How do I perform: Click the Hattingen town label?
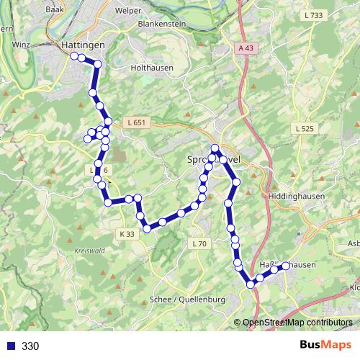84,45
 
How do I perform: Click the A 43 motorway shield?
246,48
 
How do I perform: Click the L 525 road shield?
305,128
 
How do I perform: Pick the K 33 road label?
127,234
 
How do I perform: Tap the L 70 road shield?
199,244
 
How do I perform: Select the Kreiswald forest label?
89,251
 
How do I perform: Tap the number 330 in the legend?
30,346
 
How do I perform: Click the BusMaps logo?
326,345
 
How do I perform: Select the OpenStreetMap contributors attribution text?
297,323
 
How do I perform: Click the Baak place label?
54,10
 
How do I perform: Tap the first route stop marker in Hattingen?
74,55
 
